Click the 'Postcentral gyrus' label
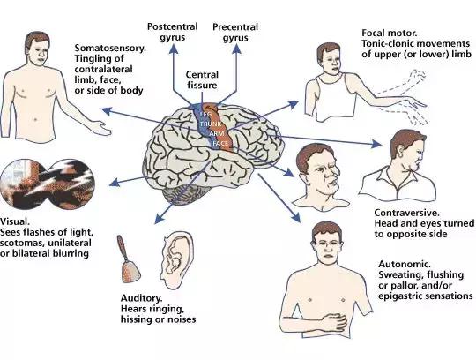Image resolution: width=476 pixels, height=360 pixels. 173,32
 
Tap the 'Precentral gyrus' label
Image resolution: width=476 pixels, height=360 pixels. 235,32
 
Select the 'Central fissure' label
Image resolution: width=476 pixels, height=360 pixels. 202,79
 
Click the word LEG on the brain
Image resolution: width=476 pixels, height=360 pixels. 205,115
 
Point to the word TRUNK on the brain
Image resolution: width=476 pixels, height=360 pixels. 211,124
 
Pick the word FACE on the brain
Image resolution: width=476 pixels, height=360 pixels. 220,143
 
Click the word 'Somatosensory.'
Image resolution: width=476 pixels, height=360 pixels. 110,48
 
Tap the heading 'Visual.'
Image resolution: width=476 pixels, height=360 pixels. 15,221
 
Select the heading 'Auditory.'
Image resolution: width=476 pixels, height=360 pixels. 141,298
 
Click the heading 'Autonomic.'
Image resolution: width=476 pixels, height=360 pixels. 405,264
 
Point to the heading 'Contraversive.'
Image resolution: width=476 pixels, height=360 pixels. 406,213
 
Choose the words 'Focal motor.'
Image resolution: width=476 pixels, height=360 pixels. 390,33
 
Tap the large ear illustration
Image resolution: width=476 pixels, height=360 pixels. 177,260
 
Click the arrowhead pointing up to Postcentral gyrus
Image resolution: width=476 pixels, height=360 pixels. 174,49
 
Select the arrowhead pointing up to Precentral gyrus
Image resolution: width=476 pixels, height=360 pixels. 236,49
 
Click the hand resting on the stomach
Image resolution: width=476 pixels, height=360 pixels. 333,322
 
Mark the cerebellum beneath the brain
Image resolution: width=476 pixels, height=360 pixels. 184,193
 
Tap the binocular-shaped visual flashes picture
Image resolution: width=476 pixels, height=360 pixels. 48,184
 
